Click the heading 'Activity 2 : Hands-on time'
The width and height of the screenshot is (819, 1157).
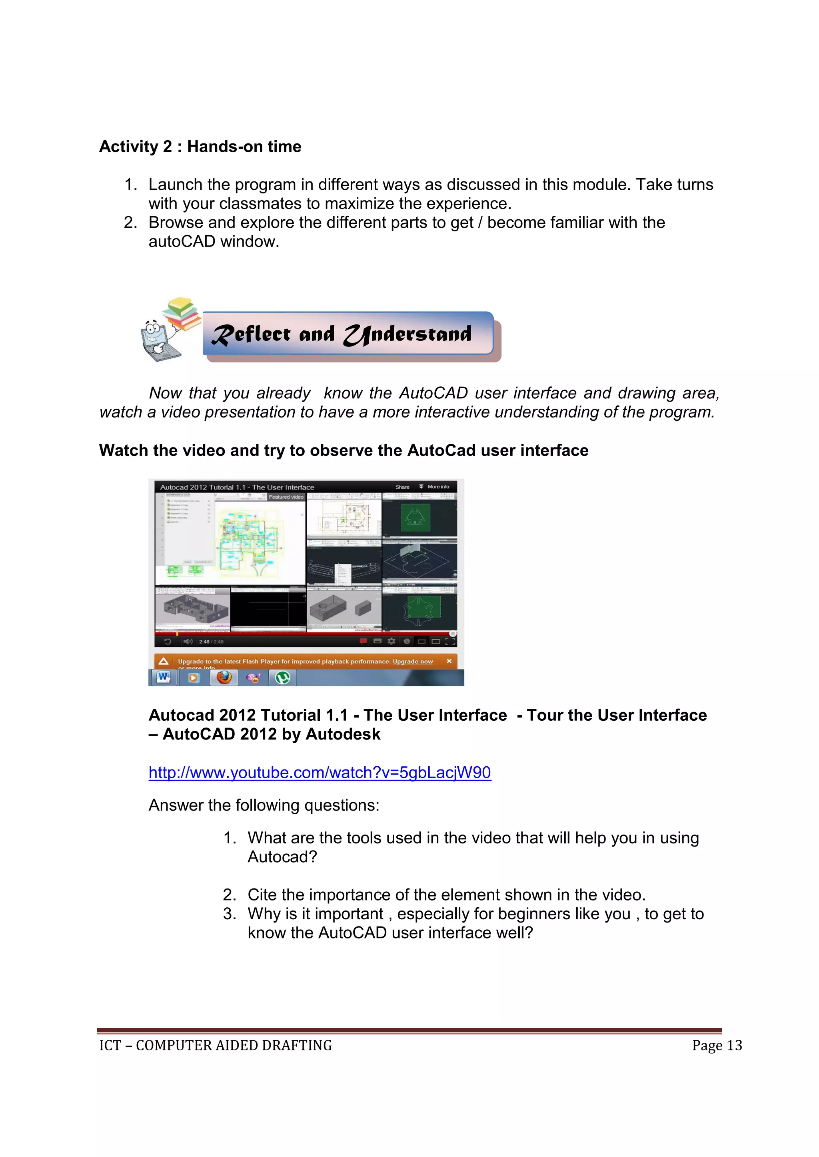200,147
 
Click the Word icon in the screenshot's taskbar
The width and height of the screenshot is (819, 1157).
164,677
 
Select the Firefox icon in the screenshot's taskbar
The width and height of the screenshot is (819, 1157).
224,677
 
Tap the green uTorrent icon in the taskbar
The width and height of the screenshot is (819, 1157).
283,677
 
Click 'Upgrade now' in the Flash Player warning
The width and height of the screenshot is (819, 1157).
413,661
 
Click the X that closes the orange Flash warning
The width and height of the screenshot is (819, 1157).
449,661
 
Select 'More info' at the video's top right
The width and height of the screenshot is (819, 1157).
437,487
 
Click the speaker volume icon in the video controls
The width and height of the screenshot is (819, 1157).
188,642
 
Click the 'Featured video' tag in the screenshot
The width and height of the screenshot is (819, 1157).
286,497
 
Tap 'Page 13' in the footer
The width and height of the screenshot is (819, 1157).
717,1046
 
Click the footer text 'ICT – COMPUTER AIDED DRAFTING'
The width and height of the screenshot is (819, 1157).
215,1046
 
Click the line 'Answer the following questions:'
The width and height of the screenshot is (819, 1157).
264,805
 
